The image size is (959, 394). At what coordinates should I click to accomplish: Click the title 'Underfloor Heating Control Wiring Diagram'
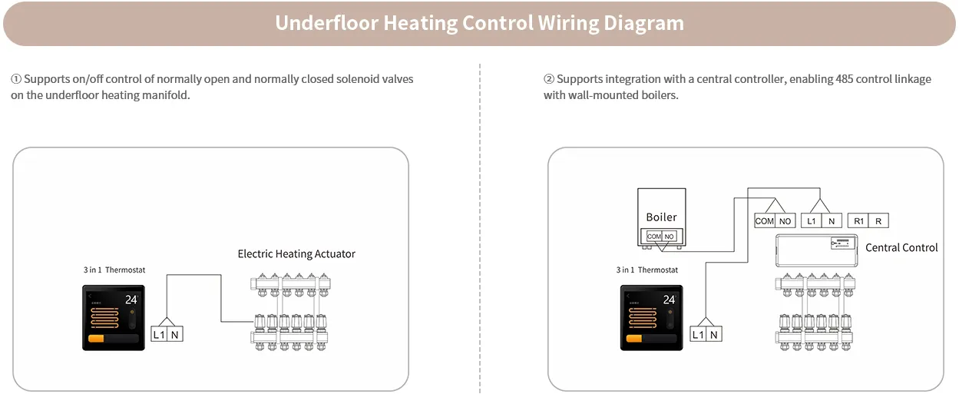pos(479,23)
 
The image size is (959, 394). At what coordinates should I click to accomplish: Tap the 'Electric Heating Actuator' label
pos(296,253)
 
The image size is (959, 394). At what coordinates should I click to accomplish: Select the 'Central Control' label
pos(901,247)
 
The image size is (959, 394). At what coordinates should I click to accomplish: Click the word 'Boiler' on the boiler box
pos(661,217)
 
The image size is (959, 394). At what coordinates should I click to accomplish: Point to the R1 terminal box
pos(858,221)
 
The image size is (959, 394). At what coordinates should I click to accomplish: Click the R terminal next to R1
pos(878,221)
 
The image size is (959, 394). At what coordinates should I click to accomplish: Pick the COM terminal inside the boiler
pos(653,237)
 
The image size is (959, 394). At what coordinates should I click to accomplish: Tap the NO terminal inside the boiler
pos(670,237)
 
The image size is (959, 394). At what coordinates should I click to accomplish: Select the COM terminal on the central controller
pos(765,221)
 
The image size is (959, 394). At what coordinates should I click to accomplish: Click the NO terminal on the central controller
pos(785,221)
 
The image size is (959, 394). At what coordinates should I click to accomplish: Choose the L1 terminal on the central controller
pos(811,221)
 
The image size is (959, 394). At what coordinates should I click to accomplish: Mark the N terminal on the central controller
pos(831,221)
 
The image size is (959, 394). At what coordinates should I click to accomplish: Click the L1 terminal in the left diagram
pos(159,334)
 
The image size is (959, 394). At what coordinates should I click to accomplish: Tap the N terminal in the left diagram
pos(176,334)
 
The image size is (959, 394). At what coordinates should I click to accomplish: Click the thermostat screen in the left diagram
pos(114,318)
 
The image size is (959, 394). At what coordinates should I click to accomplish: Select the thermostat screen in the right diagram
pos(650,318)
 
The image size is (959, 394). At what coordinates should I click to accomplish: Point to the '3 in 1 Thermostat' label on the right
pos(646,270)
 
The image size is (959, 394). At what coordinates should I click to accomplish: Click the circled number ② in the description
pos(548,79)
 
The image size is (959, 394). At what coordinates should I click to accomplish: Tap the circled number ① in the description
pos(15,79)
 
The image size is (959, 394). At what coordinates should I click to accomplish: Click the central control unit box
pos(816,250)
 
